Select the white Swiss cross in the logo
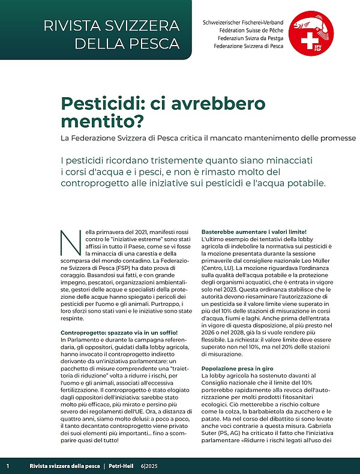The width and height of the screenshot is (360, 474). click(x=310, y=42)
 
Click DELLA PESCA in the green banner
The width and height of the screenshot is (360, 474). click(x=127, y=43)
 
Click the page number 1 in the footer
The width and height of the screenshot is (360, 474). click(x=8, y=466)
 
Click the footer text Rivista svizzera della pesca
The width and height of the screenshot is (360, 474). click(x=64, y=466)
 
